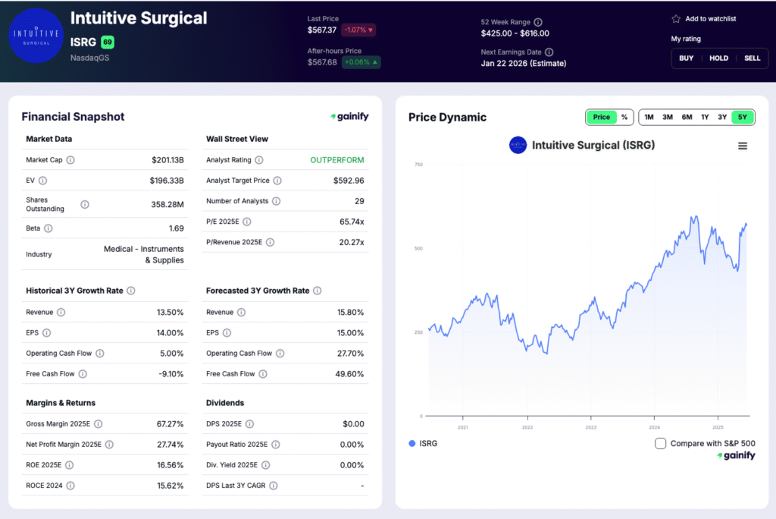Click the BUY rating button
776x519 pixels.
click(686, 58)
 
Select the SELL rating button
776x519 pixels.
click(752, 58)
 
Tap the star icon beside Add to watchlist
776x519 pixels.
click(676, 19)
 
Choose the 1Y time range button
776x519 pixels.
click(705, 117)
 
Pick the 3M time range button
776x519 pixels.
click(668, 117)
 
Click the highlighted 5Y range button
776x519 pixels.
click(743, 117)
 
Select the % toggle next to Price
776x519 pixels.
click(624, 117)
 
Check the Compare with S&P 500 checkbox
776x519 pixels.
click(661, 443)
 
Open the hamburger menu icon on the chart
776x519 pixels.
click(743, 146)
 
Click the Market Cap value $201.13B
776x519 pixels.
click(167, 160)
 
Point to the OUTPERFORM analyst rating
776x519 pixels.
click(337, 160)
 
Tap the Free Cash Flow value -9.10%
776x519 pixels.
click(169, 374)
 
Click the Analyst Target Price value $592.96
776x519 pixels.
click(349, 181)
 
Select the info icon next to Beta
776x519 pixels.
click(48, 228)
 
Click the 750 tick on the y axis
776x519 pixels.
click(418, 165)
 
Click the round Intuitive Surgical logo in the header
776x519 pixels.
click(36, 36)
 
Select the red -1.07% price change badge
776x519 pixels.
click(358, 30)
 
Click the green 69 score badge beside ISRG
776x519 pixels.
click(107, 42)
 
